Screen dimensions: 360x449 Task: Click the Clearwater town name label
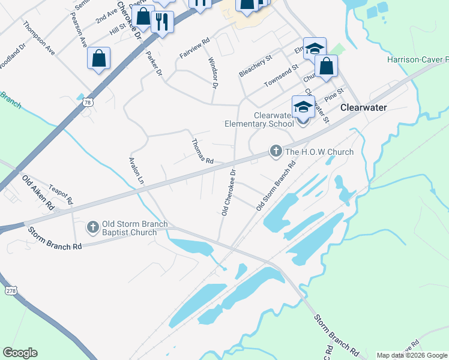[363, 108]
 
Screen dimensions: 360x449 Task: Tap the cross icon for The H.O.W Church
[276, 151]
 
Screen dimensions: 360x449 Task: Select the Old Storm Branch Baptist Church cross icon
[92, 227]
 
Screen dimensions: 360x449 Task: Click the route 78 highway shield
[88, 103]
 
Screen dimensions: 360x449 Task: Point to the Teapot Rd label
[61, 193]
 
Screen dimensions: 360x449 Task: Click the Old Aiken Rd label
[38, 192]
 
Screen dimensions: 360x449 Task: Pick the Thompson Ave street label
[39, 38]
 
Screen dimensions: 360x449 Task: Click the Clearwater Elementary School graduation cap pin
[303, 107]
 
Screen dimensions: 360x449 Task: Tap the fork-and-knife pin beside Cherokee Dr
[161, 22]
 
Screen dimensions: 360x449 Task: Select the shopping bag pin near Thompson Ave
[99, 59]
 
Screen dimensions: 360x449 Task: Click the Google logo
[20, 353]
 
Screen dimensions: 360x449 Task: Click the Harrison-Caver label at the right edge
[418, 60]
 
